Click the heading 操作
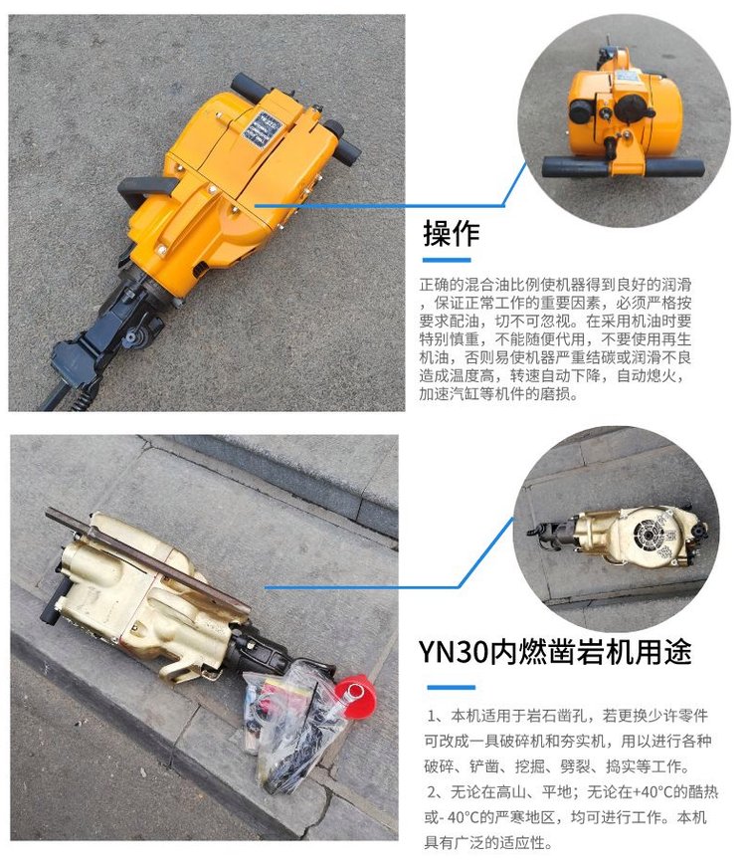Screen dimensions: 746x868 pos(452,233)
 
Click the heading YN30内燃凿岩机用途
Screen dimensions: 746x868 pos(555,652)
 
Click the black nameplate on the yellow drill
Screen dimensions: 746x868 pos(265,131)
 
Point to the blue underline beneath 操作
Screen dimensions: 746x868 pos(447,260)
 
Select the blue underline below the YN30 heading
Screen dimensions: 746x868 pos(452,688)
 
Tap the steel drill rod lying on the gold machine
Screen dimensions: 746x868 pos(147,558)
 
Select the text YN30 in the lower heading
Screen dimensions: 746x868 pos(454,652)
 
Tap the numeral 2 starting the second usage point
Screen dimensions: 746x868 pos(432,792)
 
